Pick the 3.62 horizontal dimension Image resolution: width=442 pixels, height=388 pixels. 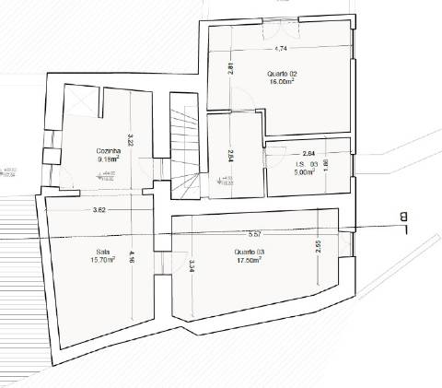tap(100, 212)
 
